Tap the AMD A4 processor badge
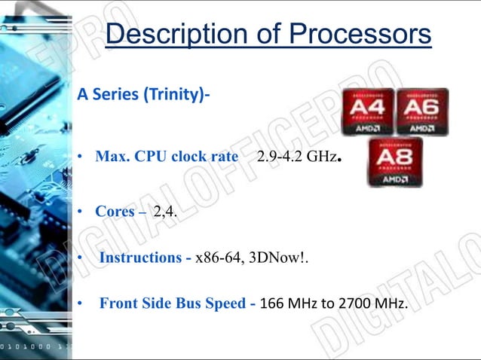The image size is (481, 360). (x=367, y=111)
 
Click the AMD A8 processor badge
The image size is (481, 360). (x=394, y=162)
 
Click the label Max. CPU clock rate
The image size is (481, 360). (x=166, y=157)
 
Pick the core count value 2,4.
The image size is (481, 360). (x=165, y=212)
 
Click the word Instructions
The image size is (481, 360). (x=141, y=258)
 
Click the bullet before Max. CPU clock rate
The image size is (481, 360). (x=78, y=158)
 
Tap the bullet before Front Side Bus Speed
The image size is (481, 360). (x=78, y=304)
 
